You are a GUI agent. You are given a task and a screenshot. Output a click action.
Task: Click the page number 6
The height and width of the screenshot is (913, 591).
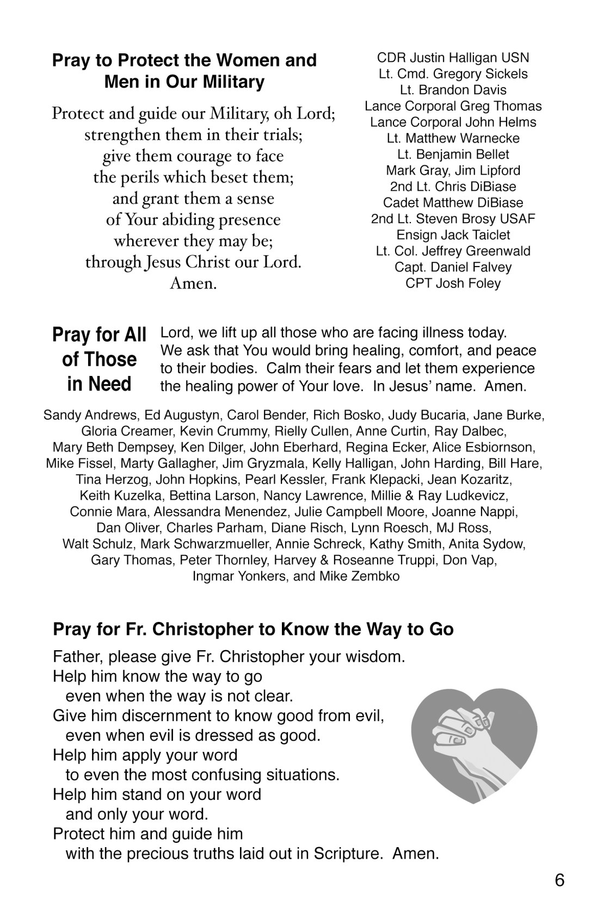click(x=559, y=880)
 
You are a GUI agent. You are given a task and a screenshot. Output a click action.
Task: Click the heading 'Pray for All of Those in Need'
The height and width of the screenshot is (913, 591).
click(x=99, y=359)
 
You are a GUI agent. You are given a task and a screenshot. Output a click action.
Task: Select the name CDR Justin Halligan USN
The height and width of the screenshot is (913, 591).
click(x=453, y=58)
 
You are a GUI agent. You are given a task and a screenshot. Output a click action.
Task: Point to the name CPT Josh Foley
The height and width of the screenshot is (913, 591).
click(x=453, y=283)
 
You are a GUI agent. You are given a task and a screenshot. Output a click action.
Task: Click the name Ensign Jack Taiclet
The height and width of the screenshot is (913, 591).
click(x=453, y=235)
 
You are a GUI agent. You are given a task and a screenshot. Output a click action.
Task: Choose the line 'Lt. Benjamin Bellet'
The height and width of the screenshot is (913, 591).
click(x=453, y=155)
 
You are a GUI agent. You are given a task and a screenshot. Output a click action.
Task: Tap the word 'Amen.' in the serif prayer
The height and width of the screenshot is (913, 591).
click(x=193, y=283)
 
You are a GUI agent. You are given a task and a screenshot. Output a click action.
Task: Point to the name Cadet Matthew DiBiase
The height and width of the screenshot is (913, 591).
click(x=453, y=203)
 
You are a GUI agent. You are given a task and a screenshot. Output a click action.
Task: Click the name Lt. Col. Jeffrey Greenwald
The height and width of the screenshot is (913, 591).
click(x=453, y=251)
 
